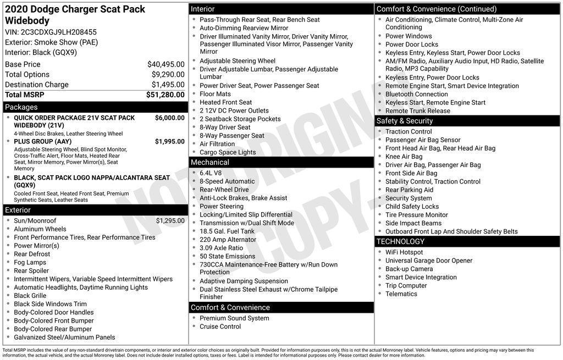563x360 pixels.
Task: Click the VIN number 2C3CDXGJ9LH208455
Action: (60, 32)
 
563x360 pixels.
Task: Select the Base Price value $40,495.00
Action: (165, 64)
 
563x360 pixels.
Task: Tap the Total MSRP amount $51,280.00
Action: (165, 95)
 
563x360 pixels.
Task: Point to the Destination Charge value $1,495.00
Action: (168, 85)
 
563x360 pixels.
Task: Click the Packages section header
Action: (21, 107)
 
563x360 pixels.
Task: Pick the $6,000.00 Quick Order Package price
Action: (169, 118)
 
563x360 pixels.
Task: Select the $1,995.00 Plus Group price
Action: (169, 141)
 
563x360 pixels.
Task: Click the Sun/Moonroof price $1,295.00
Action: (170, 221)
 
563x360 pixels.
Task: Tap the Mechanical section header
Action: (209, 162)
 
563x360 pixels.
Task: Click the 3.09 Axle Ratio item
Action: (221, 248)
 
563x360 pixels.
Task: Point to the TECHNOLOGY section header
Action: (400, 241)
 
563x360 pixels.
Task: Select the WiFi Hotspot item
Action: (404, 252)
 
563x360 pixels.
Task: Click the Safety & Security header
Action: (405, 121)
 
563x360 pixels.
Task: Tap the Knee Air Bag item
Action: (404, 157)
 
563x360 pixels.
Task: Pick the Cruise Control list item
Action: (220, 326)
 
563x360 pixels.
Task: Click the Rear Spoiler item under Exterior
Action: (31, 270)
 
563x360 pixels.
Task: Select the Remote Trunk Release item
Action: (417, 110)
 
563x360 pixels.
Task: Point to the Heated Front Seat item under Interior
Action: (225, 102)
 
